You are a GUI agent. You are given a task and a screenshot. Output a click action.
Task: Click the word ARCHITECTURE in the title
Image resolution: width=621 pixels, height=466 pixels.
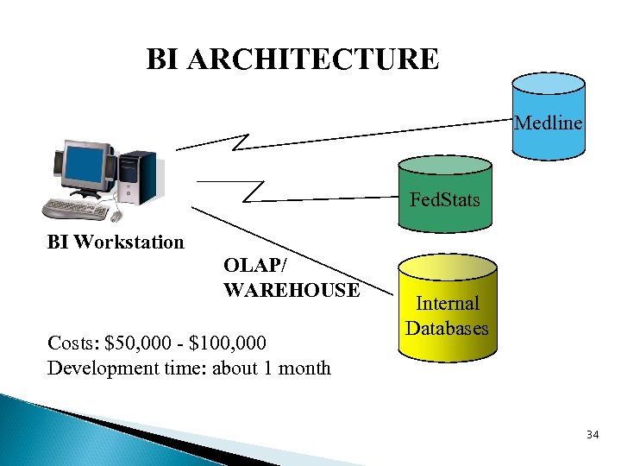[x=319, y=60]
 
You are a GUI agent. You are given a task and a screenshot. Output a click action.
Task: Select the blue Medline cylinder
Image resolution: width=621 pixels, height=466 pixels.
[x=548, y=117]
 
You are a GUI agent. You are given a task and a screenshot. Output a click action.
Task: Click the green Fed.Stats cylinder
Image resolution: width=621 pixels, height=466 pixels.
[x=445, y=195]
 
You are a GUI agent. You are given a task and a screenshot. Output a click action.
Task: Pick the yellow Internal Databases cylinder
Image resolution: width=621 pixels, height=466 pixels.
[x=448, y=307]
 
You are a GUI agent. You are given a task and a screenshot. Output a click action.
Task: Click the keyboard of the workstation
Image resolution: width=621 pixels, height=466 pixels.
[x=77, y=209]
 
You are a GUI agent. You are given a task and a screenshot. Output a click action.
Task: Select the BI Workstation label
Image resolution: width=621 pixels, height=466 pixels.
[x=116, y=242]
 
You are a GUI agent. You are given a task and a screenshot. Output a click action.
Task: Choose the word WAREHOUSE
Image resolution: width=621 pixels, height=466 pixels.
[x=292, y=290]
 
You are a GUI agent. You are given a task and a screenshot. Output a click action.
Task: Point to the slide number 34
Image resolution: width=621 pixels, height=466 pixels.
[x=592, y=434]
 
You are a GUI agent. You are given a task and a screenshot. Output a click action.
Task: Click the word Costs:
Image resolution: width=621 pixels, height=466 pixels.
[x=72, y=343]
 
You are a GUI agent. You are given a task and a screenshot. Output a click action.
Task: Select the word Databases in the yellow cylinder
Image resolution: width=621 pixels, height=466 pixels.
[x=448, y=328]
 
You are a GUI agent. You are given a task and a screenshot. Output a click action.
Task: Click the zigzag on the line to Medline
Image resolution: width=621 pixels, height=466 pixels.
[x=241, y=139]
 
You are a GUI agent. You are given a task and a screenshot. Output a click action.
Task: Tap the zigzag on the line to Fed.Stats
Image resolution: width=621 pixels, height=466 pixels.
[x=255, y=190]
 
